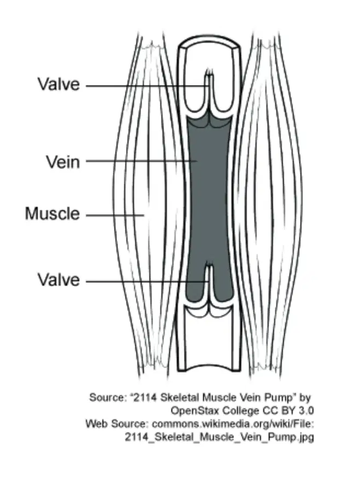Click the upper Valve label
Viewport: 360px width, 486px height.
(x=59, y=84)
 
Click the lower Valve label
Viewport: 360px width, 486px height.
(x=59, y=280)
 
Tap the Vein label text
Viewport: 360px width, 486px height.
(x=63, y=162)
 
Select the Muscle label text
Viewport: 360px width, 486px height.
(x=53, y=213)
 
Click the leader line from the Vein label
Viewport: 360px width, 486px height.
(x=142, y=161)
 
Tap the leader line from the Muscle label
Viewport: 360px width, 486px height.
(x=115, y=215)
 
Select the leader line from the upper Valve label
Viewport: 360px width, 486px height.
(x=147, y=86)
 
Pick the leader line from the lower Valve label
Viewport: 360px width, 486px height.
(x=147, y=281)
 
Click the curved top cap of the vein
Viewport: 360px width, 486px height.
(x=210, y=41)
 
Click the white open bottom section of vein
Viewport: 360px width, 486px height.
(x=210, y=341)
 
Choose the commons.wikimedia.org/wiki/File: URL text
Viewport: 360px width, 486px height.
(x=233, y=424)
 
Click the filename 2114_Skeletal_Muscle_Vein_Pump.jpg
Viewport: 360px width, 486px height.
(x=219, y=437)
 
